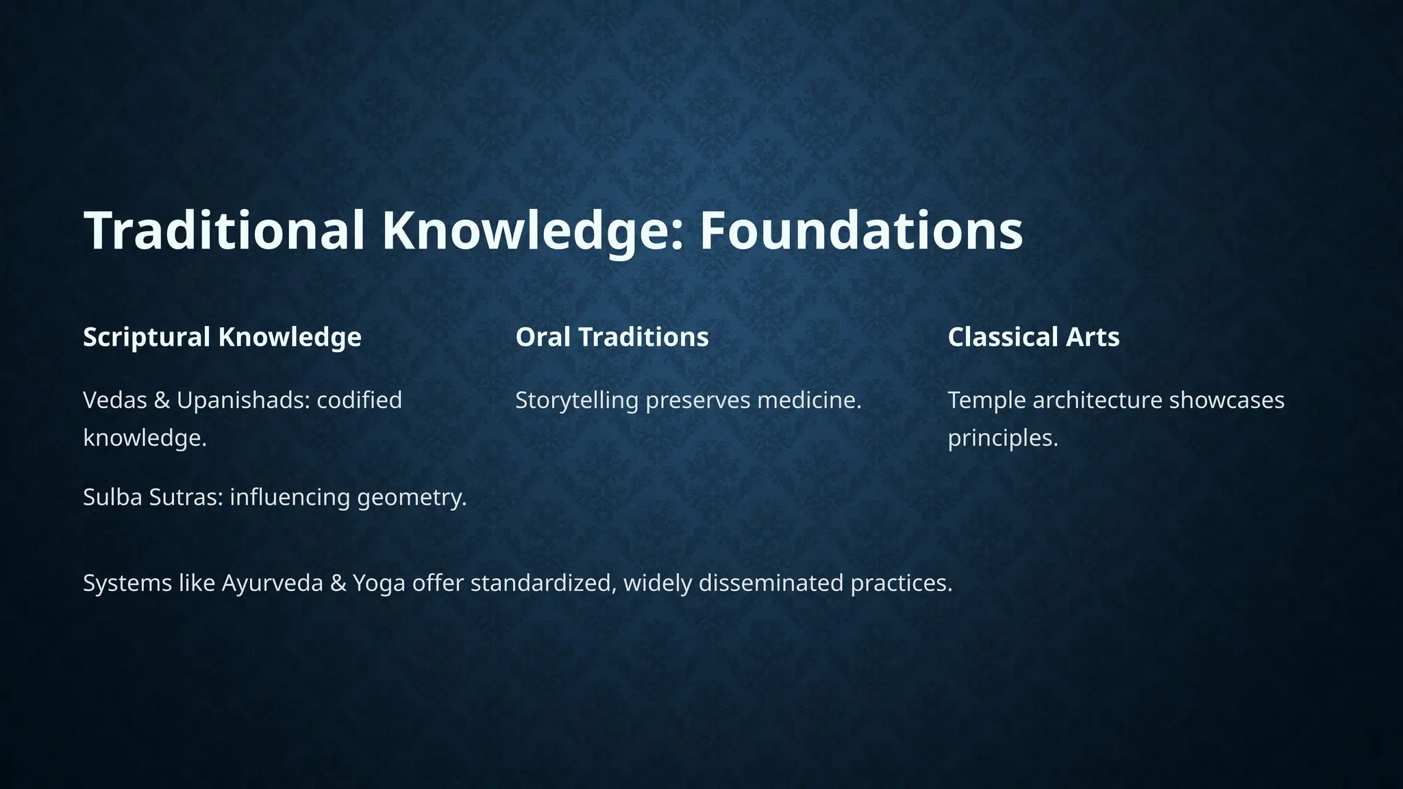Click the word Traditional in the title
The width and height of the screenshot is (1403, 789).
(225, 231)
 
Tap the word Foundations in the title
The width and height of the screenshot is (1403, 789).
(860, 231)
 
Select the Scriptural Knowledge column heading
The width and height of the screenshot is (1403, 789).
(222, 337)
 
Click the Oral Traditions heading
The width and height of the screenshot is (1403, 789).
(612, 337)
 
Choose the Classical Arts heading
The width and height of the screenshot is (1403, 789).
(1033, 337)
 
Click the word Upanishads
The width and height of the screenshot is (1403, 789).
(243, 400)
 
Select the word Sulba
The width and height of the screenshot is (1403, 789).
(112, 497)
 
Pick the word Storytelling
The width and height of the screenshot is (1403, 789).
(577, 401)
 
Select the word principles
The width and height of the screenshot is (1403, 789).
(1002, 438)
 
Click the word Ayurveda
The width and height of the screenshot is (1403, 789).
(272, 584)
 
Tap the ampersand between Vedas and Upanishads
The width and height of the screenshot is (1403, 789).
(162, 400)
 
